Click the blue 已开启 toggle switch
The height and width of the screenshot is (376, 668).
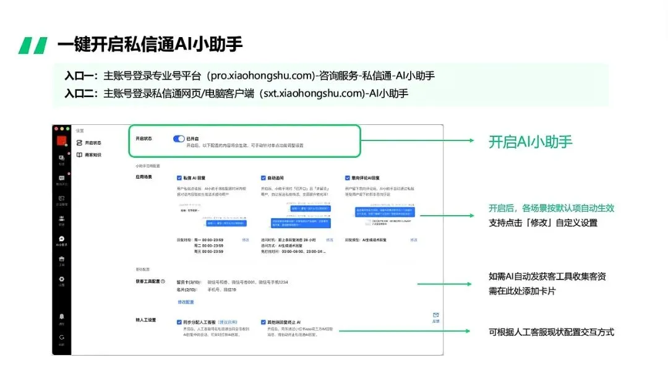179,139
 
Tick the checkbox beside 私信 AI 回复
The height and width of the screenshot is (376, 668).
179,177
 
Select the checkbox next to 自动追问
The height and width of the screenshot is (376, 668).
263,177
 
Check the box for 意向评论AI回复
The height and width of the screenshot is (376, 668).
348,177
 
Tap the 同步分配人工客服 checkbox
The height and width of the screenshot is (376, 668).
178,322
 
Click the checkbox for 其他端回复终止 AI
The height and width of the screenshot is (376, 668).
263,322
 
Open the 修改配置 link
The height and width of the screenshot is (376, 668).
186,302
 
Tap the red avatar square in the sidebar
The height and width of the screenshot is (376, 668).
61,139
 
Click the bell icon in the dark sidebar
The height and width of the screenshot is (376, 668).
61,317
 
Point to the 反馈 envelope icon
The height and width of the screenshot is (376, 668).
435,315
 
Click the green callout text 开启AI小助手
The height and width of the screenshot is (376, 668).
530,142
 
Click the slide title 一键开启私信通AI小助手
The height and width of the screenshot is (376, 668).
150,45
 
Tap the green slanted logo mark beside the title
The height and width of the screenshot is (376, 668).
33,45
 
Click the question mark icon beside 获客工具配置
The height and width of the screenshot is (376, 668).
163,282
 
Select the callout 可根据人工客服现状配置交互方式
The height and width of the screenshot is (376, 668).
551,332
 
